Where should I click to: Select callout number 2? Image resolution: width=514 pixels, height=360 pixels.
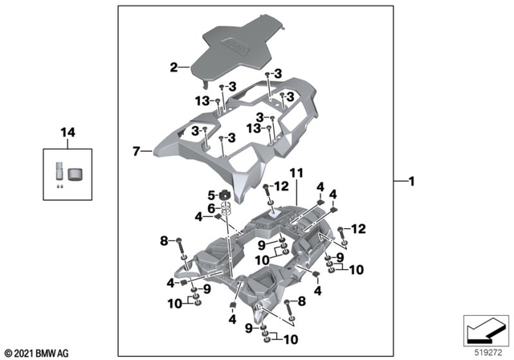click(173, 69)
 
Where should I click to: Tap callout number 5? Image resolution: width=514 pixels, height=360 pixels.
click(212, 194)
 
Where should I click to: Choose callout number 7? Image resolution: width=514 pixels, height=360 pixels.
click(137, 150)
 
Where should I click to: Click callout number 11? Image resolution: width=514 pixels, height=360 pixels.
click(295, 172)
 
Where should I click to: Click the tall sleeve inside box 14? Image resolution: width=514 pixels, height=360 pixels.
click(58, 174)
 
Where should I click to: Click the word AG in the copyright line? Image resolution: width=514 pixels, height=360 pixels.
click(65, 352)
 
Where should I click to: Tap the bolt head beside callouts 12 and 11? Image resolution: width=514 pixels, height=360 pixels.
click(264, 189)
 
